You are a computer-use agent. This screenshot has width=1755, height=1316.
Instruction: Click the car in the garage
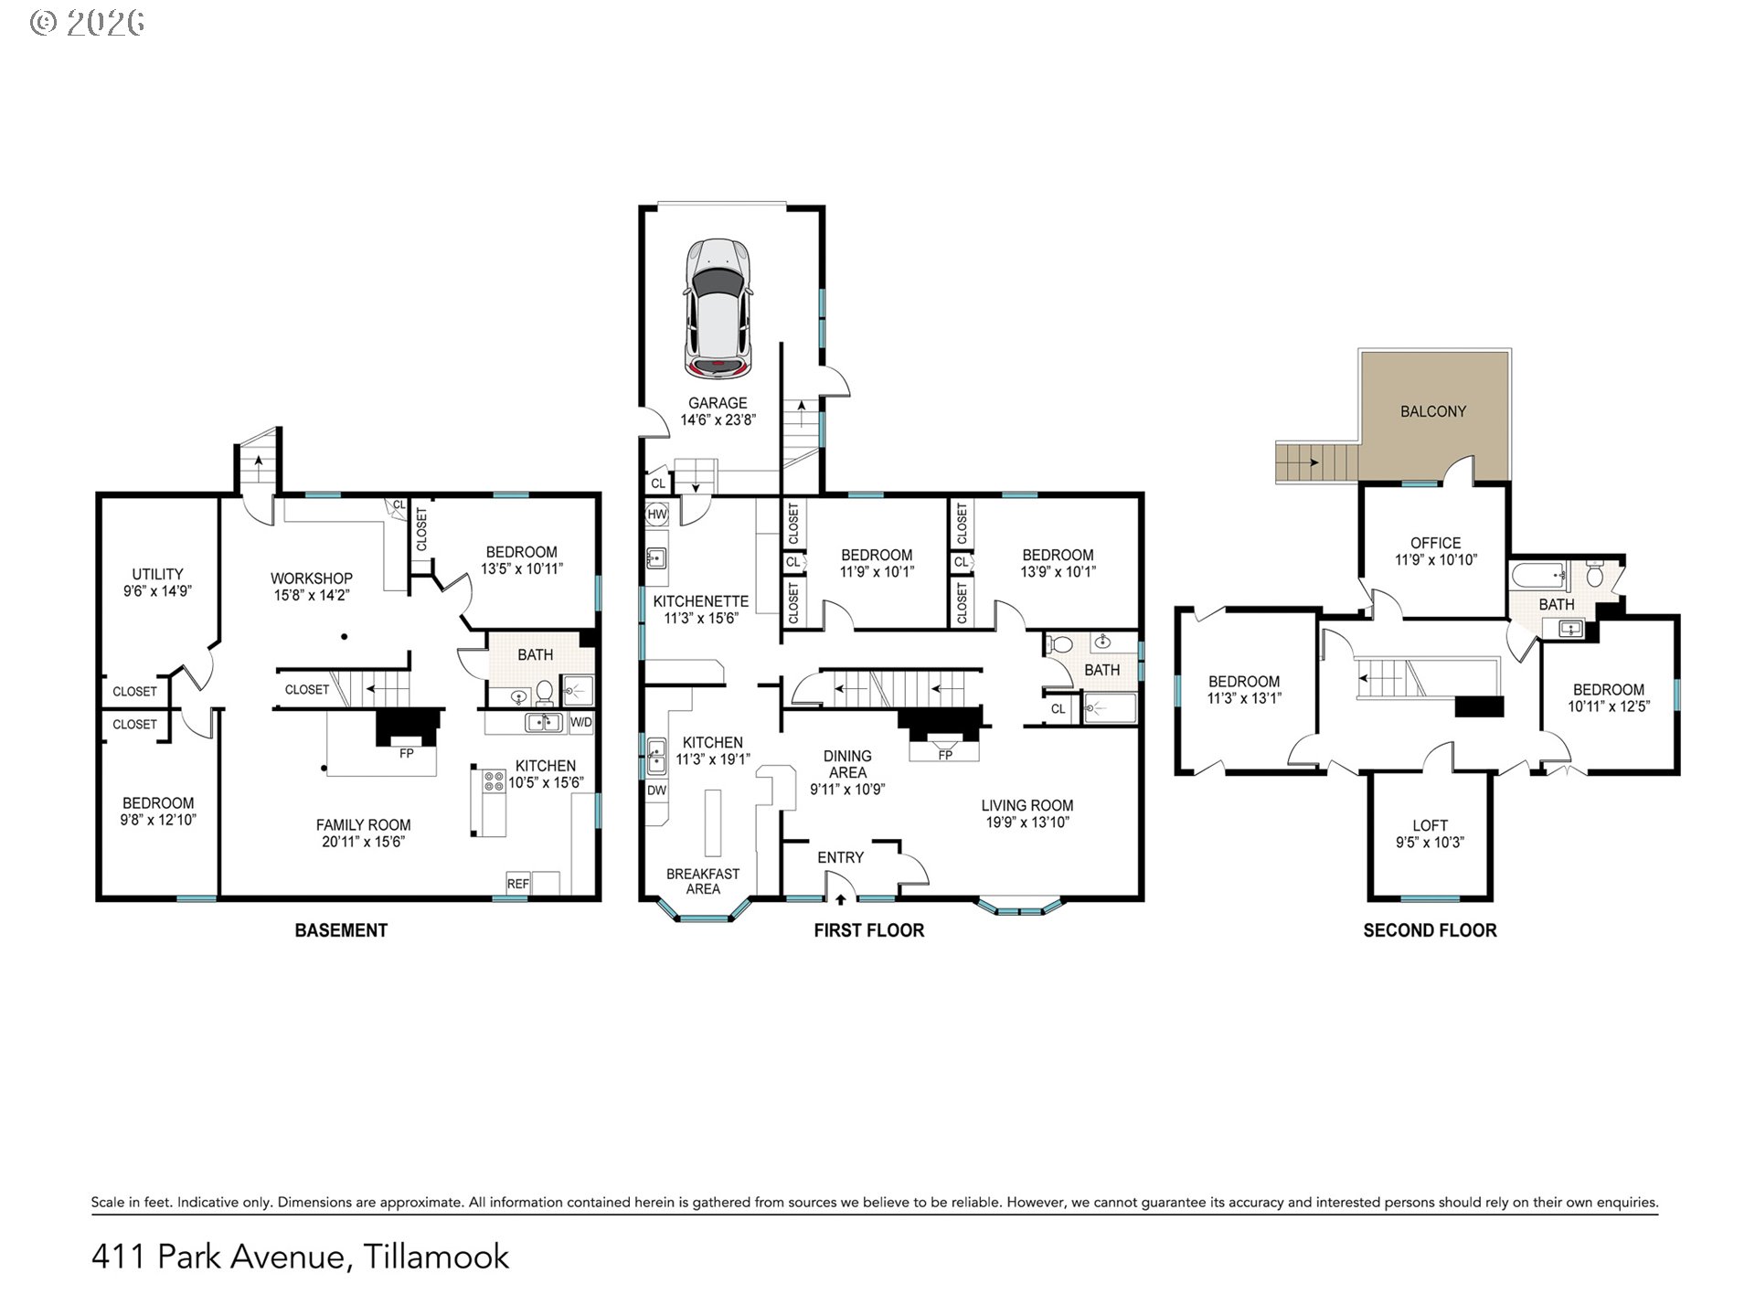pos(719,308)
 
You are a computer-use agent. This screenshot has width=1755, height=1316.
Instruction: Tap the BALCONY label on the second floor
pos(1432,411)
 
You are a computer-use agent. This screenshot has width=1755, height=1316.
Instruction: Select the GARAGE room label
pos(718,403)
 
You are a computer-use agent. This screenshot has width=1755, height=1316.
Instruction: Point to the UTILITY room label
pos(157,574)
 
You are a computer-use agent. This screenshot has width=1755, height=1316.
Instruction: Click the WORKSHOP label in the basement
pos(311,578)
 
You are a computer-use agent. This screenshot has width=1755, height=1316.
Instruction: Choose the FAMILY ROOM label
pos(363,824)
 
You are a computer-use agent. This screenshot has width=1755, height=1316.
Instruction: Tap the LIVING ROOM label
pos(1027,805)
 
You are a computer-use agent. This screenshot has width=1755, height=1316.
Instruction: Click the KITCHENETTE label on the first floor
pos(701,601)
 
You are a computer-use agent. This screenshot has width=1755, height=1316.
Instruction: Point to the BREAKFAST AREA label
pos(703,881)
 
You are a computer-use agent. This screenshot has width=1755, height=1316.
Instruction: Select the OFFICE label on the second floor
pos(1435,543)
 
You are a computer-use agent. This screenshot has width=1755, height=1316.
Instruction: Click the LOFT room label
pos(1430,825)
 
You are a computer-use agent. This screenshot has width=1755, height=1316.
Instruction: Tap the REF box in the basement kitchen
pos(518,883)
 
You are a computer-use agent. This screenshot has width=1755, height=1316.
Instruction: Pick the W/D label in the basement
pos(581,723)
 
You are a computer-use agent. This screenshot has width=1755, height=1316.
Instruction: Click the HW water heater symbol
pos(657,515)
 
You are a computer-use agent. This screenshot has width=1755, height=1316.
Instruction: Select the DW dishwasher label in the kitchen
pos(656,791)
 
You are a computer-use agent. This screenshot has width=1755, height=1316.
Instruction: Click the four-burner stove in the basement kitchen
pos(494,781)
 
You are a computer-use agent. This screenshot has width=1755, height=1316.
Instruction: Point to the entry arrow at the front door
pos(841,900)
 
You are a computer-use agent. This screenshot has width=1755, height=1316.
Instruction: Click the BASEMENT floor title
pos(341,930)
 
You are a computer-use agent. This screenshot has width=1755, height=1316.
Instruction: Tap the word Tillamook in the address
pos(437,1257)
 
